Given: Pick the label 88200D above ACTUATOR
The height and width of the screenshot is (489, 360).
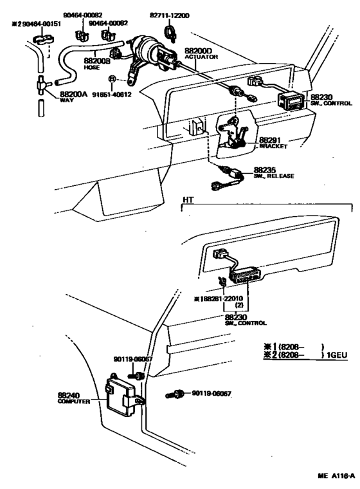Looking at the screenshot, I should (199, 50).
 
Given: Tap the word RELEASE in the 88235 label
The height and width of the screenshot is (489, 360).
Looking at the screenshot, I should (278, 176).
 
